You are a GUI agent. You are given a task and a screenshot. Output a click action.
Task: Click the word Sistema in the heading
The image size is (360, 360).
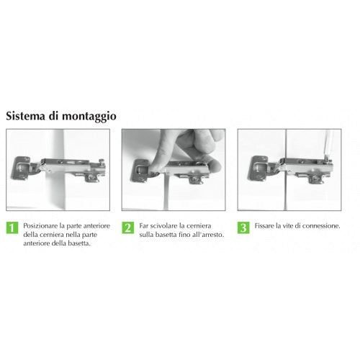tap(25, 116)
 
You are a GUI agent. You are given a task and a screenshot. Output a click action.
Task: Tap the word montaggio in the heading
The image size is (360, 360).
tap(89, 117)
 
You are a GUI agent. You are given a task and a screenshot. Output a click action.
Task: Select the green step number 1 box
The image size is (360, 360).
tap(12, 228)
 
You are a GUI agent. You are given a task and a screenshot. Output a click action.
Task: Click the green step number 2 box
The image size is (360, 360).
tap(127, 228)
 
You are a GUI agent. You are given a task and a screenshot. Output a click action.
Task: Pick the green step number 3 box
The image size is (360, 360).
tap(243, 228)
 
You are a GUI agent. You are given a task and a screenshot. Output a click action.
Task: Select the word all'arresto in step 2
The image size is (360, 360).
tap(208, 235)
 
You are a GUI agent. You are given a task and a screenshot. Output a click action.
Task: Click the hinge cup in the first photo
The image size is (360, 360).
tap(21, 168)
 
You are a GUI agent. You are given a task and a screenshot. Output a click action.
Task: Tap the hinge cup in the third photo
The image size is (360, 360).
tap(258, 168)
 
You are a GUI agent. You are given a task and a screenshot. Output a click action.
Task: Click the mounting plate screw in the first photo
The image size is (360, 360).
tap(91, 177)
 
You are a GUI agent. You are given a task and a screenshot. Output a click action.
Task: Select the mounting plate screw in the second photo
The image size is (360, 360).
tap(197, 179)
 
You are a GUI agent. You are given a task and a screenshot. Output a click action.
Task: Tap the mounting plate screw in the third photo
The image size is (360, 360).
tap(315, 178)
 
